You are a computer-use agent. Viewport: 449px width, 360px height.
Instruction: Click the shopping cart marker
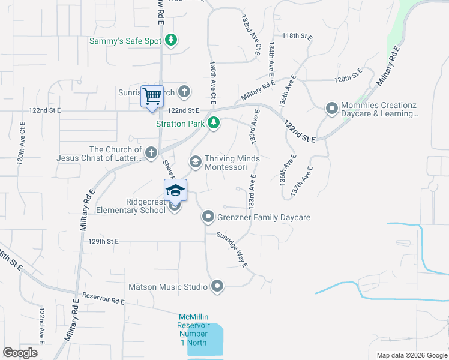[x=152, y=96]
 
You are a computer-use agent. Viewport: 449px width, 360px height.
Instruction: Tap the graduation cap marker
[x=175, y=191]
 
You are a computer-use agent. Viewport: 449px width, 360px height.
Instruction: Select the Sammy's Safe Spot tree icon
[x=172, y=40]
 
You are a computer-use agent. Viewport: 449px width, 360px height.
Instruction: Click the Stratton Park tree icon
[x=213, y=124]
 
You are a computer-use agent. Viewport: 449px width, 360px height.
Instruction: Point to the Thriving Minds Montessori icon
[x=196, y=161]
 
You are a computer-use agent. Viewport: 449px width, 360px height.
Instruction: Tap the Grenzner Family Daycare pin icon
[x=208, y=217]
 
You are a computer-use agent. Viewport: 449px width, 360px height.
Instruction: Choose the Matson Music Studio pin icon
[x=217, y=286]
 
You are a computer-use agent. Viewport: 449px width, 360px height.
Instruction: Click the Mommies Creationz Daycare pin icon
[x=331, y=109]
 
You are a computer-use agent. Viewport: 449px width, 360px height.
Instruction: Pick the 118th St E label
[x=298, y=36]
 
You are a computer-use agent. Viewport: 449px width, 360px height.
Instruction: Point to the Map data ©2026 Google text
[x=411, y=355]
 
